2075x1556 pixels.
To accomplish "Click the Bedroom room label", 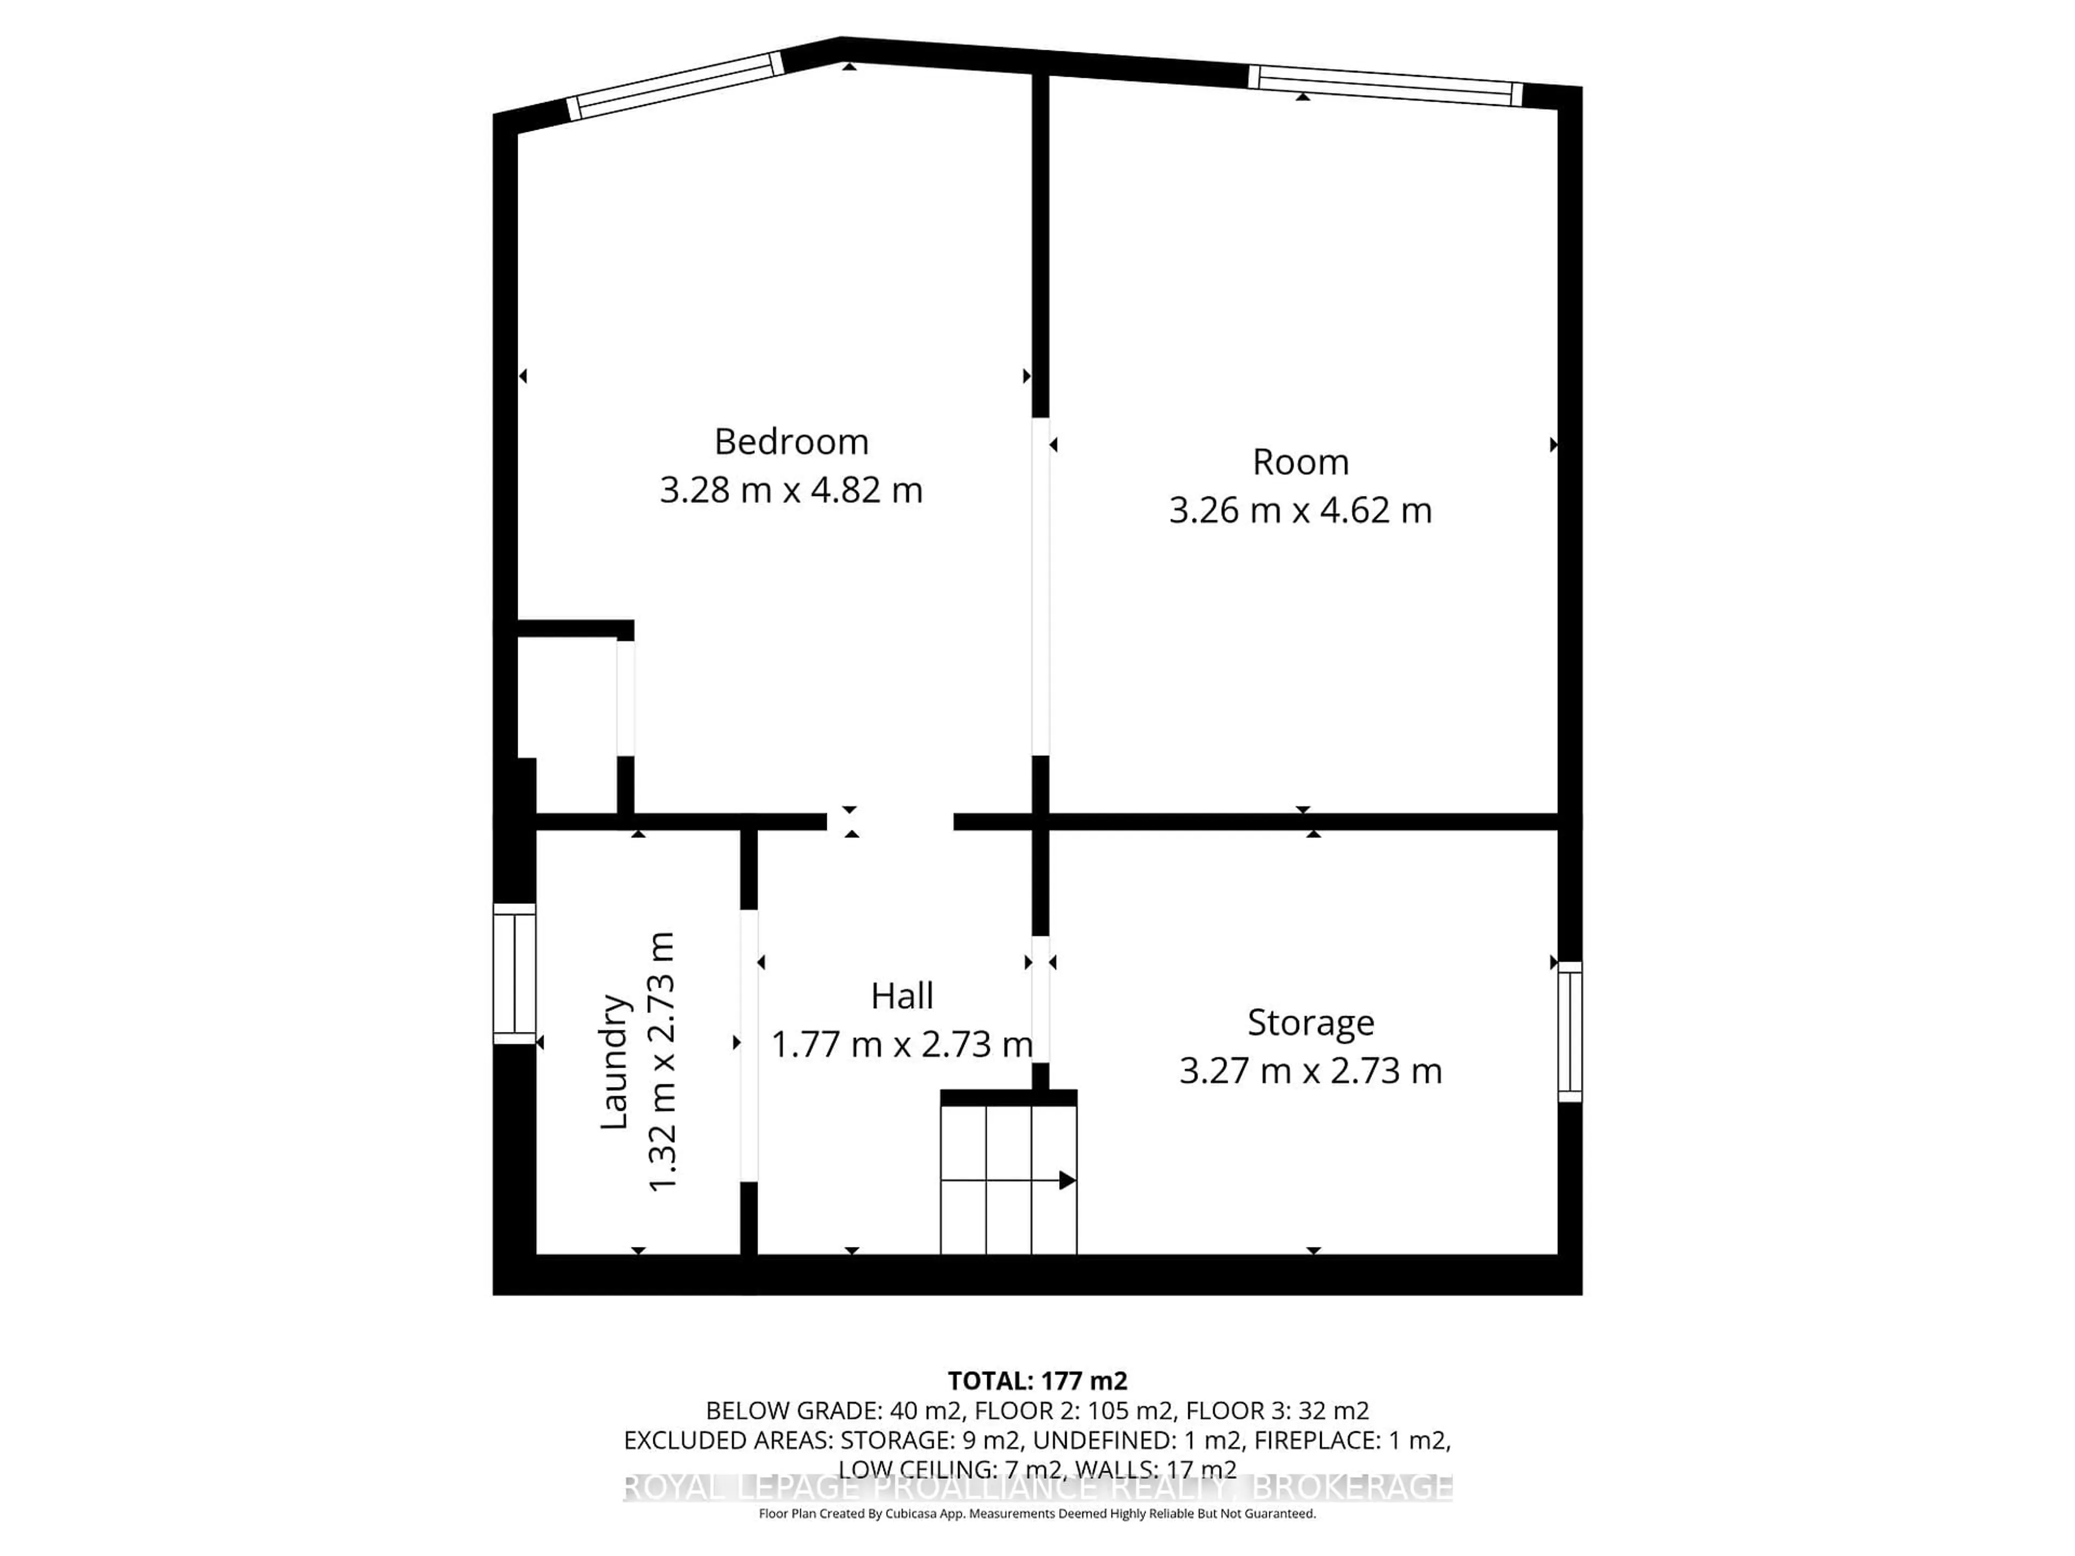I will coord(791,442).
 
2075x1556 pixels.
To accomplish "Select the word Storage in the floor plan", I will coord(1310,1022).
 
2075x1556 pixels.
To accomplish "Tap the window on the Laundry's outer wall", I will coord(514,974).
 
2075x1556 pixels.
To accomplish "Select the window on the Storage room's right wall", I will coord(1569,1032).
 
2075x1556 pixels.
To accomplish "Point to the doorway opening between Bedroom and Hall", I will coord(889,822).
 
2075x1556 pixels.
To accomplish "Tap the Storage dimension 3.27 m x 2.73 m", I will coord(1310,1071).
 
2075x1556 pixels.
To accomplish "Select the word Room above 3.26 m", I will coord(1300,462).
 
